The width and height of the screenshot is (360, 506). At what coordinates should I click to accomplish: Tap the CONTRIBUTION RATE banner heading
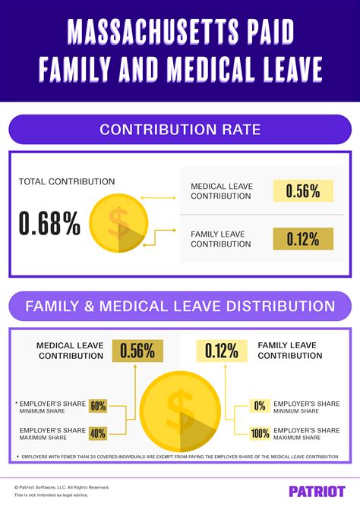(x=180, y=130)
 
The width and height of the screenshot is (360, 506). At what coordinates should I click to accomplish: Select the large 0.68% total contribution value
(x=49, y=223)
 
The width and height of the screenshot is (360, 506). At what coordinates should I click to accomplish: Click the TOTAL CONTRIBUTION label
(x=67, y=182)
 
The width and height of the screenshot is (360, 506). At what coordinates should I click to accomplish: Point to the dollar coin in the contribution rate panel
(x=118, y=224)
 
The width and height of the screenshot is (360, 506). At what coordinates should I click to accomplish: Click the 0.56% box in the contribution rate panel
(x=303, y=191)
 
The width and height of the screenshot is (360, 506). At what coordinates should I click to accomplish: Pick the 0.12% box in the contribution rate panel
(x=303, y=239)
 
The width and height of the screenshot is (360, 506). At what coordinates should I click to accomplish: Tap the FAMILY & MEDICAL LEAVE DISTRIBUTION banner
(x=180, y=306)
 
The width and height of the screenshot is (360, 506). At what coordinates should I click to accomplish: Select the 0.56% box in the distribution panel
(x=137, y=350)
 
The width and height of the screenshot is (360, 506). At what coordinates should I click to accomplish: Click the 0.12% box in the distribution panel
(x=222, y=350)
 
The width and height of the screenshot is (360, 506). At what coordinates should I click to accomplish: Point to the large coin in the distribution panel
(x=180, y=411)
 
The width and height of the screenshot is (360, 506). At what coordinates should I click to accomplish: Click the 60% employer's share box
(x=98, y=406)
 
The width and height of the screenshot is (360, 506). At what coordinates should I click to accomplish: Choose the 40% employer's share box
(x=98, y=434)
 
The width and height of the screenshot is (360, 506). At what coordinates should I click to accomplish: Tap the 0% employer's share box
(x=260, y=406)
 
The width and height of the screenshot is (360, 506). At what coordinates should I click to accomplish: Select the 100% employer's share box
(x=260, y=434)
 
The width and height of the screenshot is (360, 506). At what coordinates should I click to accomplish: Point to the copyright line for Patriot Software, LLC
(x=62, y=487)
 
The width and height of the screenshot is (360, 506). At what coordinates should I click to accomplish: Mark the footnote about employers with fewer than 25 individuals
(x=180, y=457)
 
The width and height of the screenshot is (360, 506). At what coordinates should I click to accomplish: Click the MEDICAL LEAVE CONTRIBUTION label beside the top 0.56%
(x=221, y=191)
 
